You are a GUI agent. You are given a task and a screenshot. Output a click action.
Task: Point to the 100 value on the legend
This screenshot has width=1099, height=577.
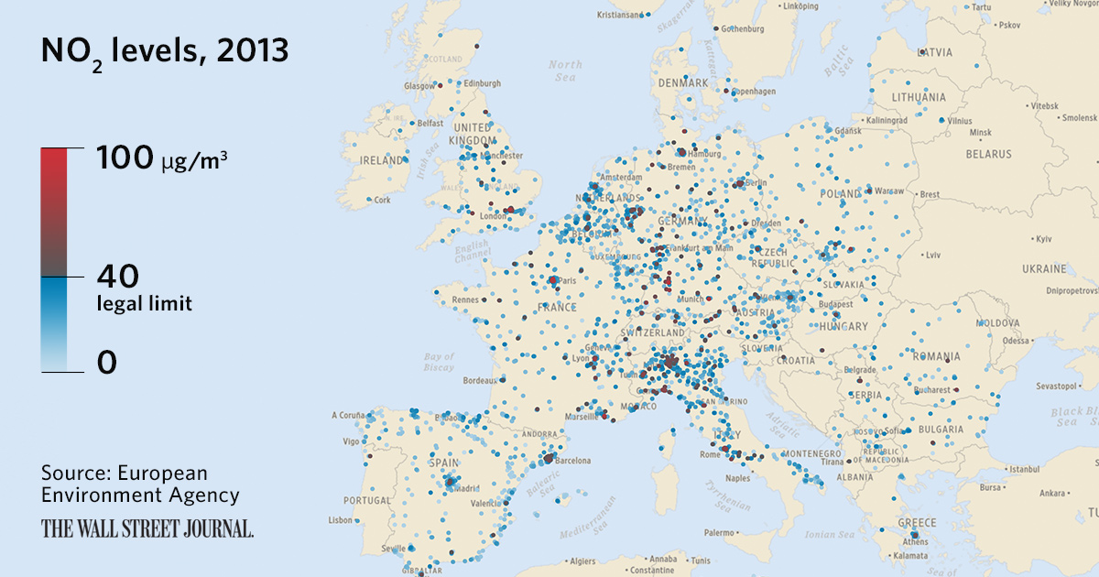coord(125,158)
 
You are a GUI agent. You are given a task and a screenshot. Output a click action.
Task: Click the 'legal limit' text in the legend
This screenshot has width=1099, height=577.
coord(145,304)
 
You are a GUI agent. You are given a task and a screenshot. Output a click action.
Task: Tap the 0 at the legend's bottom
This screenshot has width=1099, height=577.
coord(107,364)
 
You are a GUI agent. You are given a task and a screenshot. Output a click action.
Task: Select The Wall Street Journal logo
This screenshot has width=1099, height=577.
coord(147,528)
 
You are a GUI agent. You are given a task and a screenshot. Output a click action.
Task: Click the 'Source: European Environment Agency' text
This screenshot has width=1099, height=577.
coord(140,484)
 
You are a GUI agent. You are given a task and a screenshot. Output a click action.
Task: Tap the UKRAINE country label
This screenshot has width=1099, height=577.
coord(1044,269)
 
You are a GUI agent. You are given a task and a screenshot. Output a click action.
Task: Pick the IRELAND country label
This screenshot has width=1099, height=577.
coord(383,160)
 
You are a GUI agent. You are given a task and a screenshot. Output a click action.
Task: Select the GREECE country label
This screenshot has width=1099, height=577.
coord(917,523)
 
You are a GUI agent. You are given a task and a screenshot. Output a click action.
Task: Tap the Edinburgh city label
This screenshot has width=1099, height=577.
coord(484,83)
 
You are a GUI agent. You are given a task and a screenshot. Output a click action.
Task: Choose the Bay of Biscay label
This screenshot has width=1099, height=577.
coord(440,362)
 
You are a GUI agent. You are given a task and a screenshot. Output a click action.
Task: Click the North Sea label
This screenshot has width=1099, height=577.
coord(565,71)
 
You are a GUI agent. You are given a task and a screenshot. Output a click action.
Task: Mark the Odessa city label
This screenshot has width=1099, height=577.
coord(1016,340)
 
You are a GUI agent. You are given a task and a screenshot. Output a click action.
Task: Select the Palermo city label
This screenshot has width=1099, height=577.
coord(719,532)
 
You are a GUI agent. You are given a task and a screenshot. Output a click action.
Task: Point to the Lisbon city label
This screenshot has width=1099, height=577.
coord(340,520)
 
